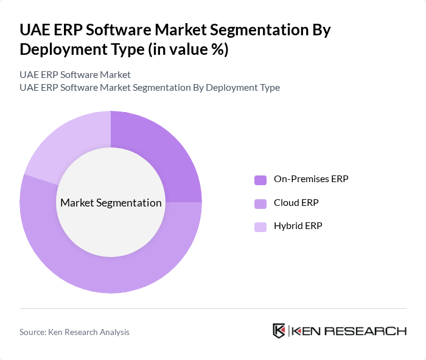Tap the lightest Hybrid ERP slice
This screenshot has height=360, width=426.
point(67,143)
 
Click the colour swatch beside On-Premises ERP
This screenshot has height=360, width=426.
point(260,180)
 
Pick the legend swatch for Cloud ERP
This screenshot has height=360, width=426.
point(260,203)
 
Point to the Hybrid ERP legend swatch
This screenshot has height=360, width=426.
point(260,227)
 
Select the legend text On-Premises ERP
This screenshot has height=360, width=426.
point(311,179)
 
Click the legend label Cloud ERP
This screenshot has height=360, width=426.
point(296,203)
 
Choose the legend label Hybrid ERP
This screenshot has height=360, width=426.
point(298,226)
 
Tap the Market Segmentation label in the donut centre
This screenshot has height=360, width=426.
point(111,203)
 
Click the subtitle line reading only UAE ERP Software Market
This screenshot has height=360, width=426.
point(75,75)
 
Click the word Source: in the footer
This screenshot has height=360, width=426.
point(34,332)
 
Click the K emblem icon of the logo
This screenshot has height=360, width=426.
point(279,331)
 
